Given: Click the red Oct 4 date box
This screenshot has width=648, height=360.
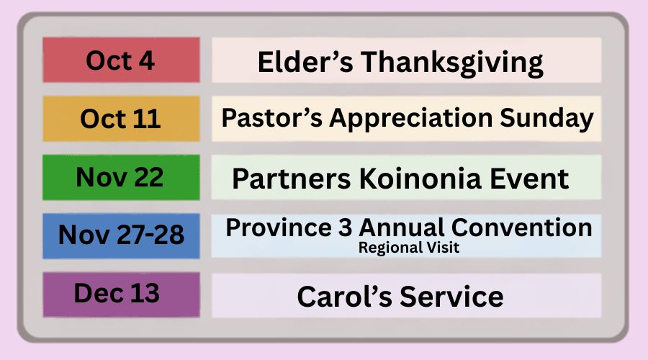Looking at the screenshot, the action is point(121,60).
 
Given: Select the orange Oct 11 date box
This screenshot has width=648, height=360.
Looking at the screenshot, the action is point(121,119).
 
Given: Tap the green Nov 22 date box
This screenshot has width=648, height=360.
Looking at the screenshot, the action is point(121,177).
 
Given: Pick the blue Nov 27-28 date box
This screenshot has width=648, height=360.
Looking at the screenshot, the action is point(121,236).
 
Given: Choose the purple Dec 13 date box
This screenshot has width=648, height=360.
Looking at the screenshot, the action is point(121,294).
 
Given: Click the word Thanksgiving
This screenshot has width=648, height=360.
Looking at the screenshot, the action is point(452,63).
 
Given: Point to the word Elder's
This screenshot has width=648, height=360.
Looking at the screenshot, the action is point(305,62).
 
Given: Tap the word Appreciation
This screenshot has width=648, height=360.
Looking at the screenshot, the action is point(411,120).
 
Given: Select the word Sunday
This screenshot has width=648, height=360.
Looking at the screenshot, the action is point(546,120).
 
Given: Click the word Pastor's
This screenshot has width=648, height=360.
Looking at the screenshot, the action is point(272,118).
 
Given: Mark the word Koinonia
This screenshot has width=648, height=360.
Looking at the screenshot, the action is point(420,179).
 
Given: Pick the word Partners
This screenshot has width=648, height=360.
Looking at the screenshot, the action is point(292,179).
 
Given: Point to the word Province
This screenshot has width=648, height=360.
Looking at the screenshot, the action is point(279,228).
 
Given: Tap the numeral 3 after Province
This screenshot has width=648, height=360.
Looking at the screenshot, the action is point(346,228).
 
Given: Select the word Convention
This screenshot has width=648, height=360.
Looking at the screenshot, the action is point(521,228).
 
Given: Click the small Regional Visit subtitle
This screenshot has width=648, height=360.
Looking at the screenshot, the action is point(409,248).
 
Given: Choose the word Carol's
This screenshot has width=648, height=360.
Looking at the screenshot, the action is point(344,297).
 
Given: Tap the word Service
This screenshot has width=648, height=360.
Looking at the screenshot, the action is point(451,297).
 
